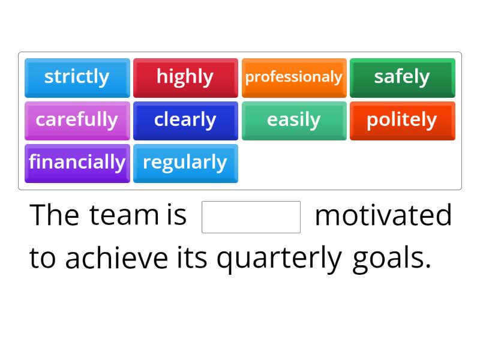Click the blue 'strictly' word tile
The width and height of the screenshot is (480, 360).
[77, 77]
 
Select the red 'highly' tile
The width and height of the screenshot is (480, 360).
[185, 77]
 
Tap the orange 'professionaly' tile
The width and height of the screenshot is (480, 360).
[294, 77]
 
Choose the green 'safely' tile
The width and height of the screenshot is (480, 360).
[402, 77]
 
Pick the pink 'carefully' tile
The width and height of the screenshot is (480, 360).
[77, 120]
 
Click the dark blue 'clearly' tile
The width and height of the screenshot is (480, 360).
[185, 120]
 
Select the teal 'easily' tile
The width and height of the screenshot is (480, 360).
[294, 120]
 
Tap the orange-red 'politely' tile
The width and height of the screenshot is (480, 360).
[402, 120]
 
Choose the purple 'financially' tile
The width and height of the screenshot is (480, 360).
[77, 163]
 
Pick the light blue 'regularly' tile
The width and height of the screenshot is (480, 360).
[185, 163]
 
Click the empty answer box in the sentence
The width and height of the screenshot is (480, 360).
[251, 217]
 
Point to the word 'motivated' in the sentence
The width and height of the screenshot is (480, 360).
[383, 215]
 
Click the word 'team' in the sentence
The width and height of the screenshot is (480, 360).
[122, 215]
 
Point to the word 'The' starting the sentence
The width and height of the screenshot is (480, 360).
[54, 215]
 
